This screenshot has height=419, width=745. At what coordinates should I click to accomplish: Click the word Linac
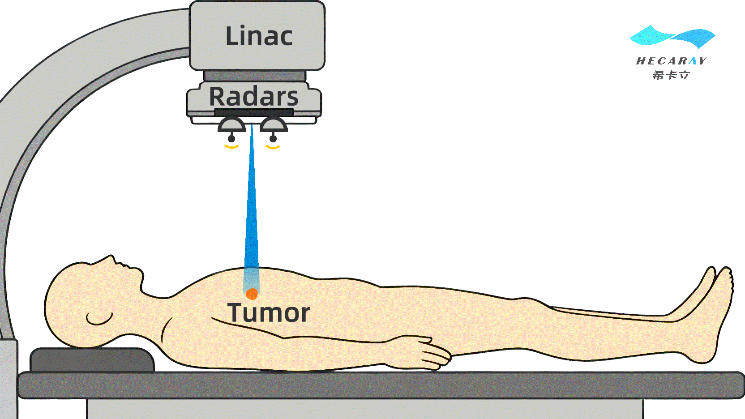(259, 36)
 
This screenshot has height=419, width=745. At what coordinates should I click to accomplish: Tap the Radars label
(253, 97)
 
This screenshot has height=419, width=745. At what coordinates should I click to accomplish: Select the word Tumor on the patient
(269, 312)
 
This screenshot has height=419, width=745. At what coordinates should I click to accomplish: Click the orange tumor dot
(252, 294)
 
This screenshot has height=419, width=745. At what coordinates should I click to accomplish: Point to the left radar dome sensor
(231, 125)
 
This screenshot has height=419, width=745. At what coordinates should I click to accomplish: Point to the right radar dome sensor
(273, 125)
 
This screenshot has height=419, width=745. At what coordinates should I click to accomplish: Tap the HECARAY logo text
(671, 61)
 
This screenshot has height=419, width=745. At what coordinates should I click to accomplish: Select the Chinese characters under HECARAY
(671, 75)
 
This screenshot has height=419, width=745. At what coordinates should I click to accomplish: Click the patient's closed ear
(99, 318)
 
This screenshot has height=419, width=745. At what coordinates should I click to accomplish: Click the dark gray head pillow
(92, 360)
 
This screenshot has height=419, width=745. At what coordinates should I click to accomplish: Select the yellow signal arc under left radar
(231, 146)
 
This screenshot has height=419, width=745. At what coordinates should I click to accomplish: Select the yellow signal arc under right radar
(273, 146)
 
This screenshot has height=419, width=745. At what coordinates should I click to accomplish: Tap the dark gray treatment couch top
(381, 385)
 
